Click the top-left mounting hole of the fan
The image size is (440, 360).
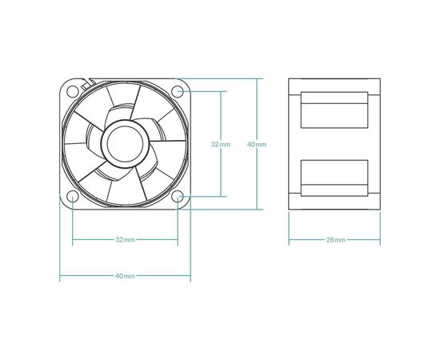pos(72,91)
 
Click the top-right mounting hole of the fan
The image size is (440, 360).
pos(178,91)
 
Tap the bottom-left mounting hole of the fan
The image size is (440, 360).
pos(72,197)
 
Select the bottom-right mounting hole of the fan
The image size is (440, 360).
pos(178,197)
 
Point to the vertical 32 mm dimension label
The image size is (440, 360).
pos(221,144)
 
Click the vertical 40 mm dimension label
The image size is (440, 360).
pos(257,144)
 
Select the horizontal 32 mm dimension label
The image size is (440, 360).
pos(125,240)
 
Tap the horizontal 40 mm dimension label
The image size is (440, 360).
pos(125,276)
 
